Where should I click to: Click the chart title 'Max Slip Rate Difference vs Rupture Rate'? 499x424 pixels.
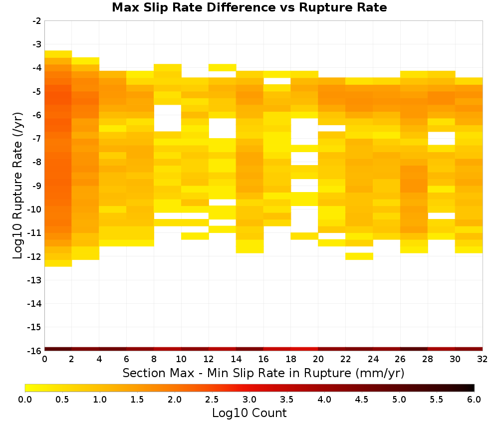[249, 7]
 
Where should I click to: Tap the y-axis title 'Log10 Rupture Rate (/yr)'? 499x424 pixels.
[18, 186]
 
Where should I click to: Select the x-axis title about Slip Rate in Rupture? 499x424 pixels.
[263, 373]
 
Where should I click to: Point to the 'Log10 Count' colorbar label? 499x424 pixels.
[249, 413]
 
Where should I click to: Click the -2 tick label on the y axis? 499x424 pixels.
[37, 21]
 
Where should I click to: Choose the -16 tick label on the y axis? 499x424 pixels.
[35, 351]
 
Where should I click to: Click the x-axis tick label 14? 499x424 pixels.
[236, 359]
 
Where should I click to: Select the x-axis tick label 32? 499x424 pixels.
[483, 359]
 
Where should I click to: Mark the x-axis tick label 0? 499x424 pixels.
[44, 359]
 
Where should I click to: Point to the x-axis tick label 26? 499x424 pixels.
[400, 359]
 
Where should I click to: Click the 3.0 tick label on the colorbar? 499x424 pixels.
[249, 399]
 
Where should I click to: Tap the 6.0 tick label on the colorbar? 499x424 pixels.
[474, 399]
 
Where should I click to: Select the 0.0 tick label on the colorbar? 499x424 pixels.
[25, 399]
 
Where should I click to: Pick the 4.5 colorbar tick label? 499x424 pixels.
[361, 399]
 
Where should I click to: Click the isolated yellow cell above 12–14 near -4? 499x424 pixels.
[223, 67]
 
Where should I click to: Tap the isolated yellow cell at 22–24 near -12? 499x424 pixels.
[359, 256]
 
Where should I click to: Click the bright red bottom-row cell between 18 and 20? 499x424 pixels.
[304, 349]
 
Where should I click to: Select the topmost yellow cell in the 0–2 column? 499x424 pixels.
[58, 54]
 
